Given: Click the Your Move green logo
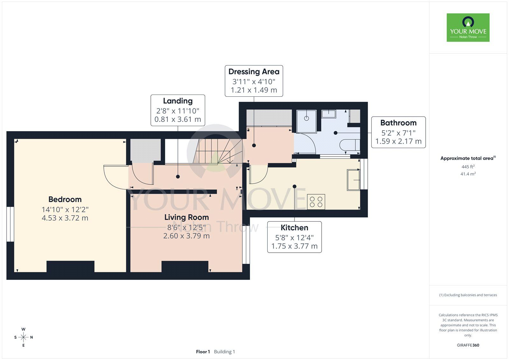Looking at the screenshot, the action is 468,27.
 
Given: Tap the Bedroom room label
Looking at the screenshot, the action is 65,200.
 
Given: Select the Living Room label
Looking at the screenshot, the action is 186,217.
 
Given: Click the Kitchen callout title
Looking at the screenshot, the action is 294,228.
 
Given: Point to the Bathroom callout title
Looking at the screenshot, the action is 398,123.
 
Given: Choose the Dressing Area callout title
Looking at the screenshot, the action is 254,72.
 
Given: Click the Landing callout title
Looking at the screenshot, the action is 178,101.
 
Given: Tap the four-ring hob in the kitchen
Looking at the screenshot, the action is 316,202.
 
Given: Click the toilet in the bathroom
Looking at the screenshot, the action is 350,145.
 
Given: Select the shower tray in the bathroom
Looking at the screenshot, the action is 307,121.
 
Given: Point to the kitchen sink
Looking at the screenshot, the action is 353,180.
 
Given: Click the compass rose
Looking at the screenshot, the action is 24,337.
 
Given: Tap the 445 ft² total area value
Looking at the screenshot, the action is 468,167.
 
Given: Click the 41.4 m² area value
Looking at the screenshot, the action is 468,174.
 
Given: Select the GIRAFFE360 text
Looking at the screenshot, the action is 468,345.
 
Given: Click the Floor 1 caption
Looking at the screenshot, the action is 203,352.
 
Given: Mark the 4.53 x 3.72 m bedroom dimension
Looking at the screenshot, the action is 65,218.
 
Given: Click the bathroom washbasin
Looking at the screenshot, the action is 329,114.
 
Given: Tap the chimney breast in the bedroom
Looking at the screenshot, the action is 70,266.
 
